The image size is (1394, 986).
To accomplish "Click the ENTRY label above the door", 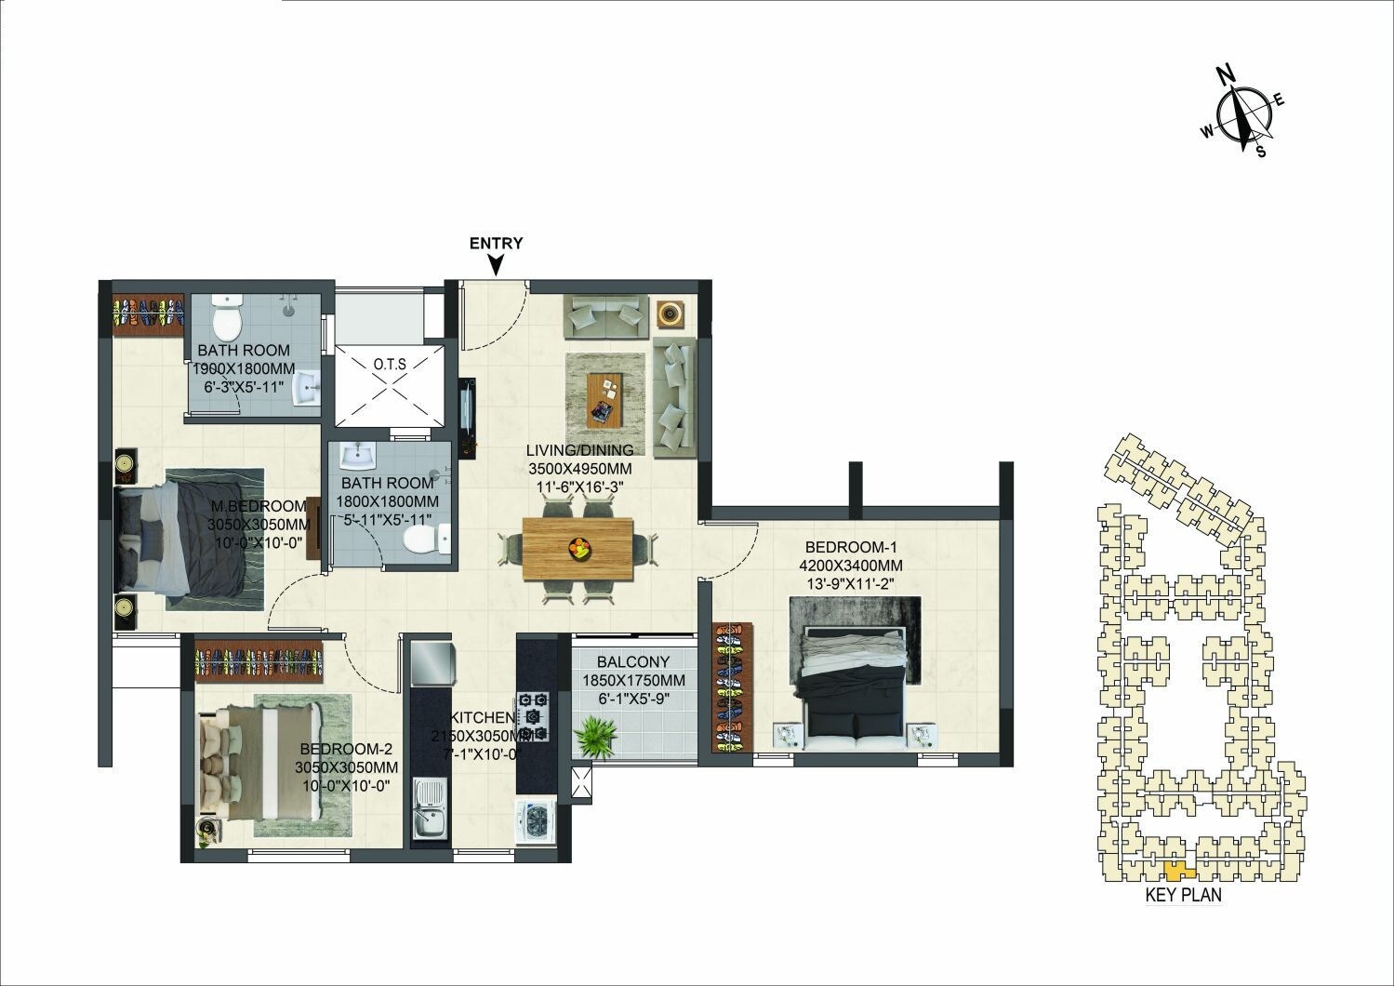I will (x=496, y=244).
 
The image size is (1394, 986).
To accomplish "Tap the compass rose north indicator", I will (x=1228, y=75).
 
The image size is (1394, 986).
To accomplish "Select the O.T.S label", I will (x=390, y=364).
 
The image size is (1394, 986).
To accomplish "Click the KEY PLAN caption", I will (x=1183, y=896).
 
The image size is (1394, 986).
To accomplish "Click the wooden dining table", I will (x=578, y=549).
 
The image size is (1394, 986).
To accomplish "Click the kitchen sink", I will (x=429, y=806).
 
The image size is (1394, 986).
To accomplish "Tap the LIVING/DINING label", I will (x=579, y=451).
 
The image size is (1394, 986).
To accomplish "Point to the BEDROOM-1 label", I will (x=851, y=546).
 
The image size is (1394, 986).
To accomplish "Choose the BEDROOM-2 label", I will (x=346, y=749).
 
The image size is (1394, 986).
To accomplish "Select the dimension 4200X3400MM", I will (x=851, y=565).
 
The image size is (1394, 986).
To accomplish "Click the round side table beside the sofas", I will (x=671, y=313).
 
